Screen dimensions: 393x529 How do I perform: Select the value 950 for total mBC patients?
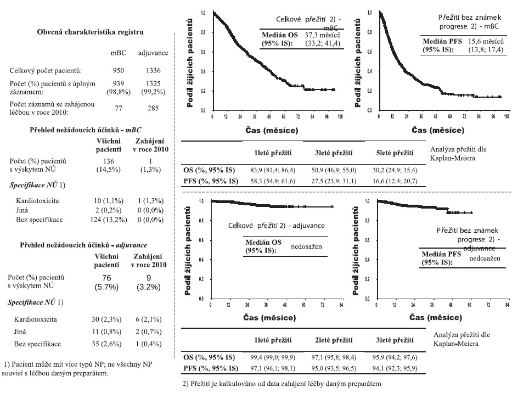[119, 71]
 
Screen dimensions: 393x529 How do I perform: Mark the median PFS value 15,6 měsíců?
[486, 42]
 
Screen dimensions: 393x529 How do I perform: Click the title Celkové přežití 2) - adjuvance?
[277, 226]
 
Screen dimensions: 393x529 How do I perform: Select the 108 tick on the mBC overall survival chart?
[342, 117]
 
